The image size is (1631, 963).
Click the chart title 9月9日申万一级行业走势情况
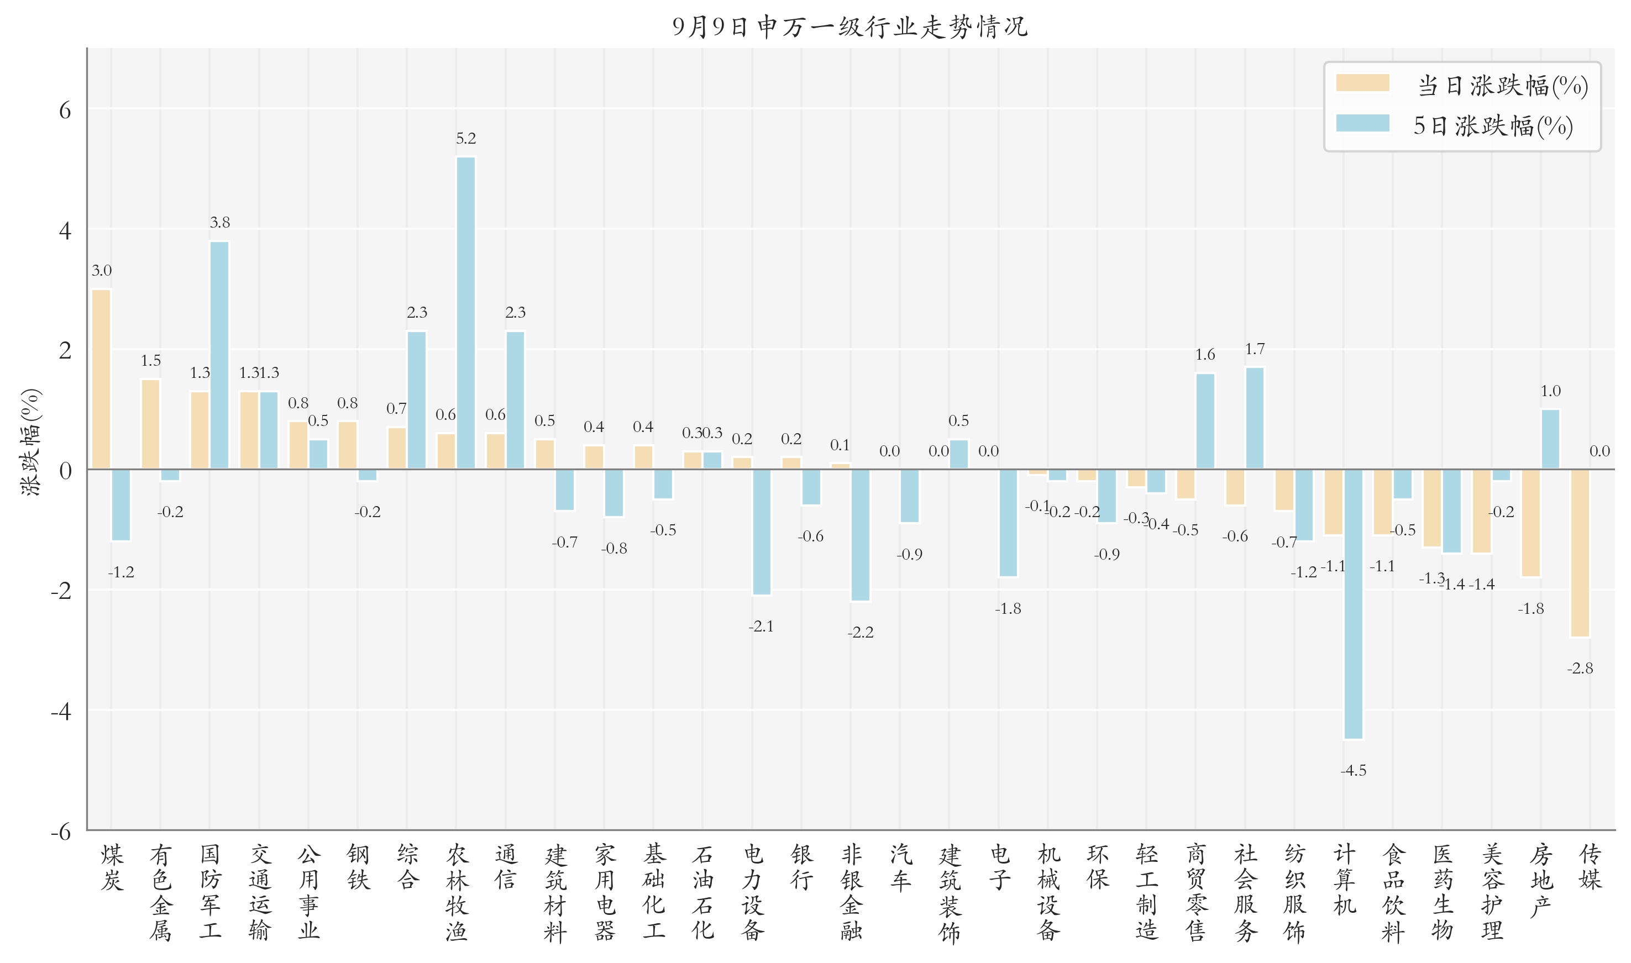[x=849, y=27]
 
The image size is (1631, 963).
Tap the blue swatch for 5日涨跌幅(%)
[x=1362, y=123]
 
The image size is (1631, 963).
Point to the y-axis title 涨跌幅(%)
[x=30, y=442]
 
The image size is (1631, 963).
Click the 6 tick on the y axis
[x=65, y=110]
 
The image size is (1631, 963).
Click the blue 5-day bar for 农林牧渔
[x=465, y=313]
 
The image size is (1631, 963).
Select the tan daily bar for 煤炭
[x=101, y=379]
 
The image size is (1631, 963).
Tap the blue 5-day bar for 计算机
[x=1353, y=604]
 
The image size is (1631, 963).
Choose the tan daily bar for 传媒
[x=1580, y=553]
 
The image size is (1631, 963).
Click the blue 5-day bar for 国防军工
[x=219, y=355]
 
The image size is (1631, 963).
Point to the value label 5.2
[x=465, y=138]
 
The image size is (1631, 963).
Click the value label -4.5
[x=1353, y=770]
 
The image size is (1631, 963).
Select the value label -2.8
[x=1580, y=668]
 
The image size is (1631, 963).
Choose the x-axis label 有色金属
[x=160, y=892]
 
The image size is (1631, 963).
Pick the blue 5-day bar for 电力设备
[x=761, y=532]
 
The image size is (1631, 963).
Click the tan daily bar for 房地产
[x=1530, y=523]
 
